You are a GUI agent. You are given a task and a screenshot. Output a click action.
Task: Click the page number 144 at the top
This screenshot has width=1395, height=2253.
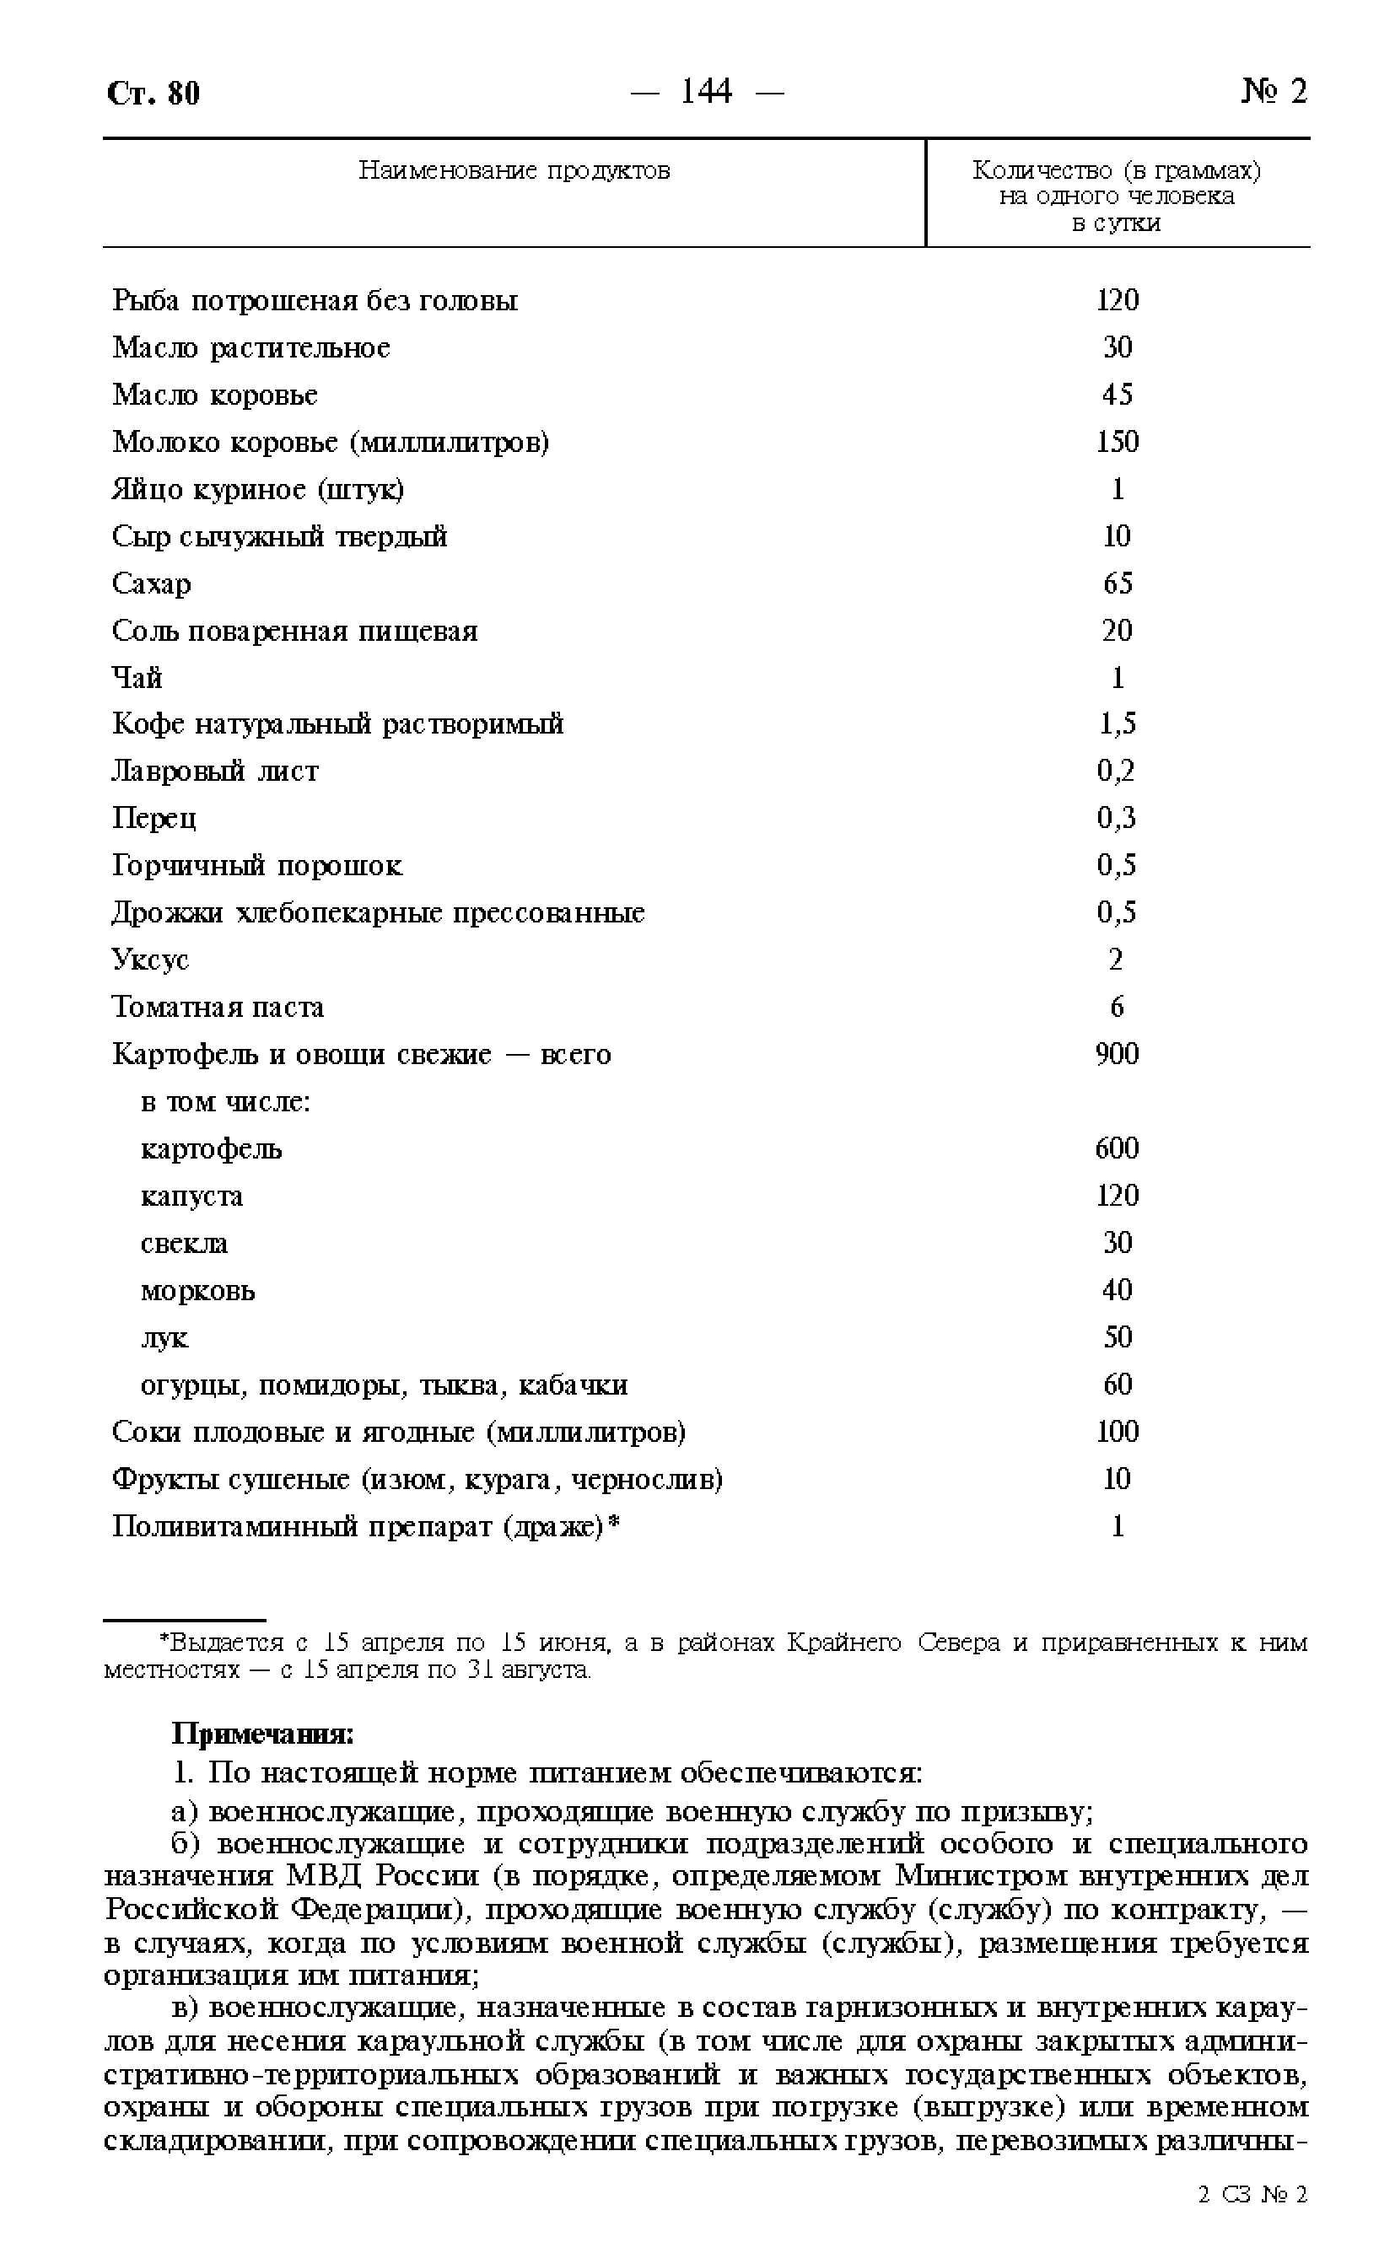tap(706, 91)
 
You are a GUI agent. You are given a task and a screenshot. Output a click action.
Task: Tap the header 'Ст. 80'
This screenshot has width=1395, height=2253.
tap(154, 93)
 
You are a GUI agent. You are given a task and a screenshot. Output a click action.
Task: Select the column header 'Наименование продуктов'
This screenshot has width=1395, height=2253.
tap(514, 170)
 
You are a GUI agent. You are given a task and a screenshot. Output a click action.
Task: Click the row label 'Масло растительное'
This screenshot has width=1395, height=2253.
tap(251, 347)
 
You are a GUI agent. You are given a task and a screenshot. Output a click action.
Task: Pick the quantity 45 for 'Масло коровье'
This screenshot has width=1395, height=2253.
tap(1117, 395)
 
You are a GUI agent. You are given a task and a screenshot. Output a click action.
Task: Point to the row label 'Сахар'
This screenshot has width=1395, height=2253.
tap(151, 583)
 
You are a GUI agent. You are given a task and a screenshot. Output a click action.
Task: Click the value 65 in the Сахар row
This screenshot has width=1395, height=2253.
tap(1117, 583)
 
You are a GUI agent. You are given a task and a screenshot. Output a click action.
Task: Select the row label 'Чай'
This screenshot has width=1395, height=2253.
tap(137, 678)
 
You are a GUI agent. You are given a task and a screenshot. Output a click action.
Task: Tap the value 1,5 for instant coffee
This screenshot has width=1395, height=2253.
tap(1117, 725)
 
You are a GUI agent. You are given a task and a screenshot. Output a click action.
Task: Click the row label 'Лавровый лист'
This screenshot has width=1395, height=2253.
tap(215, 771)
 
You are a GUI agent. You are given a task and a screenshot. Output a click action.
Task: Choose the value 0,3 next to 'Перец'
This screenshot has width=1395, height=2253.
tap(1117, 818)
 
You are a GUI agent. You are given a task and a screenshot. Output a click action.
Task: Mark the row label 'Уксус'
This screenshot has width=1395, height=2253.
tap(150, 960)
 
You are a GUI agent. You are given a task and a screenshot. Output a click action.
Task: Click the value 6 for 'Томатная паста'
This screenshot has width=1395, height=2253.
tap(1117, 1007)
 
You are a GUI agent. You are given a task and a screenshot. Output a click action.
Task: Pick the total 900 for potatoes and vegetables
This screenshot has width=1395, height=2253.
tap(1117, 1054)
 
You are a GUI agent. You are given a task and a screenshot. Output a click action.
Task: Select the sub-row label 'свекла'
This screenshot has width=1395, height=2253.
tap(184, 1243)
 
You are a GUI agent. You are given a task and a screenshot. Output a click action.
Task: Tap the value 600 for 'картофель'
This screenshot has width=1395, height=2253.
tap(1117, 1149)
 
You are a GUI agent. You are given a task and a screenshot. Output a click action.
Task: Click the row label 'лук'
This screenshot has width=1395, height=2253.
tap(164, 1338)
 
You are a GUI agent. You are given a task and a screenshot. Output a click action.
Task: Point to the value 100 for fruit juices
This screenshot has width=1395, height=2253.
tap(1117, 1433)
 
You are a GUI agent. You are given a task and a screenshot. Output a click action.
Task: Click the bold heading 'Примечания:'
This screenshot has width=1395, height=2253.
tap(263, 1734)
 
